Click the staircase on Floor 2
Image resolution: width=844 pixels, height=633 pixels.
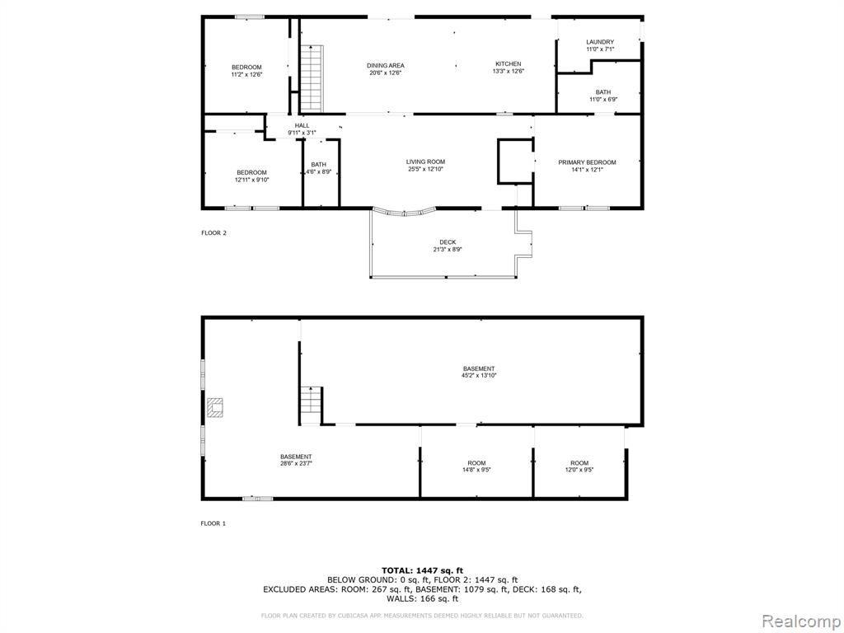312,78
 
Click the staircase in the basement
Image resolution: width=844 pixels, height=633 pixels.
311,406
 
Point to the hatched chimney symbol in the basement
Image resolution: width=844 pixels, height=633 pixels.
215,407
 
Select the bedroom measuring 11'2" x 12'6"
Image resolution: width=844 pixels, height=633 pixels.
246,71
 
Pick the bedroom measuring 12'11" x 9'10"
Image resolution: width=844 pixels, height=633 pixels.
251,176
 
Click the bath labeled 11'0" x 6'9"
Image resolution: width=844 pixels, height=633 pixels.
603,96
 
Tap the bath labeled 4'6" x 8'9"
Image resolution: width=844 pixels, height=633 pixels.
319,168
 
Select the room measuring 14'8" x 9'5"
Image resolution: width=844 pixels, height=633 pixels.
476,467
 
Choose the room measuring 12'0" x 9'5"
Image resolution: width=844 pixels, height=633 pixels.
579,467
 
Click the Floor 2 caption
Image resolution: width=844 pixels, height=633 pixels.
213,233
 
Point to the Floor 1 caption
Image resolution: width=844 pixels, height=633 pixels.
213,523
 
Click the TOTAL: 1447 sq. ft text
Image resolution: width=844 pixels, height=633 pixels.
422,570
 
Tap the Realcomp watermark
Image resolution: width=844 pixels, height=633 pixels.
799,621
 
